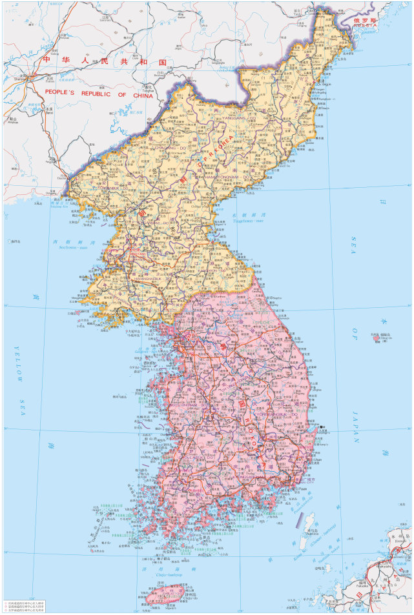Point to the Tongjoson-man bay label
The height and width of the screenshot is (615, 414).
(253, 220)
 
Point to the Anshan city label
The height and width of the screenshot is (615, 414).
(12, 122)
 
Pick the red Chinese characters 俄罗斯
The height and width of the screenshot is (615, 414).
(366, 20)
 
